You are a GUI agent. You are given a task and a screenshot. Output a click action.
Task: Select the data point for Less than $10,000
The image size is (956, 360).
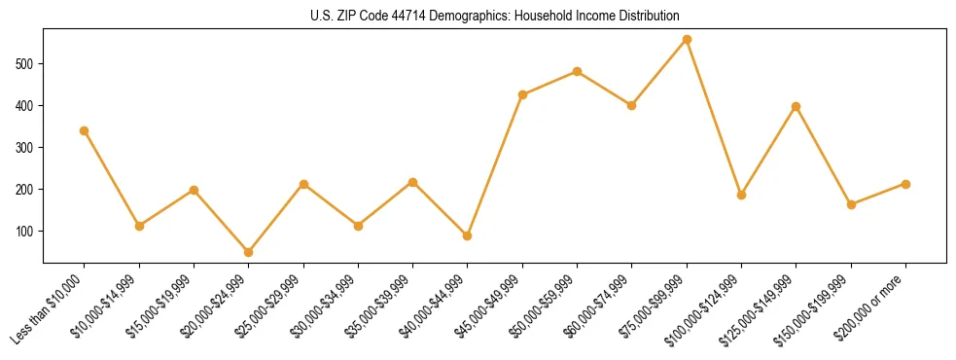pyautogui.click(x=85, y=130)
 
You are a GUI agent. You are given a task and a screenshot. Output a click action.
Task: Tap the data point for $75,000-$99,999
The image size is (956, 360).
pyautogui.click(x=687, y=40)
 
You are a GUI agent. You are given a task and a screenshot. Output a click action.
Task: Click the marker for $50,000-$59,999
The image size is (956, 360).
pyautogui.click(x=578, y=71)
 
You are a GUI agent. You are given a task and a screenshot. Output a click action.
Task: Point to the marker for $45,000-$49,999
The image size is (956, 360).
pyautogui.click(x=522, y=94)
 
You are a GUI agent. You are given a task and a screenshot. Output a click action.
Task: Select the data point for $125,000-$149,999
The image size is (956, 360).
pyautogui.click(x=797, y=106)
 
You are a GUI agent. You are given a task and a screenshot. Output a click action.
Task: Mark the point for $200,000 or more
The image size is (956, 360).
pyautogui.click(x=905, y=184)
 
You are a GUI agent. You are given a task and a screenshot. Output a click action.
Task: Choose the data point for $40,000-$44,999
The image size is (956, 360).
pyautogui.click(x=468, y=235)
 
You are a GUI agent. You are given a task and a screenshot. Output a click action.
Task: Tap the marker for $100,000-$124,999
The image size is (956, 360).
pyautogui.click(x=741, y=195)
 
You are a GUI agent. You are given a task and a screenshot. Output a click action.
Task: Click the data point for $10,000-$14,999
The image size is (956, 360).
pyautogui.click(x=139, y=226)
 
